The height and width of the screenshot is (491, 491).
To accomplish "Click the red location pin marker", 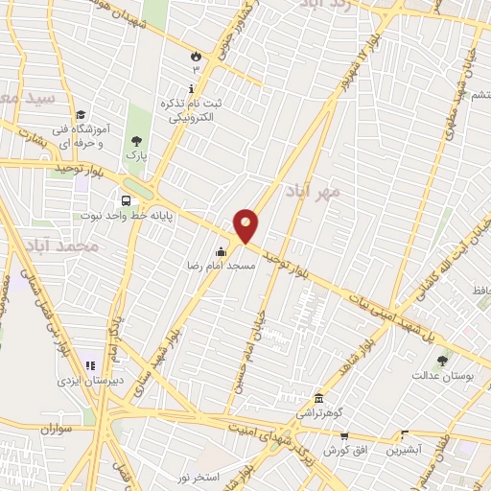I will tap(247, 225).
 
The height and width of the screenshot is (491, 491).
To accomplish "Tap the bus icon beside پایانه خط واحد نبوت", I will tap(126, 200).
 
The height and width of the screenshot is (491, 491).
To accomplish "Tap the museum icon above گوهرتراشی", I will tap(318, 399).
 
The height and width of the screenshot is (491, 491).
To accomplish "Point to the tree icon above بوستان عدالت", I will tap(442, 361).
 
